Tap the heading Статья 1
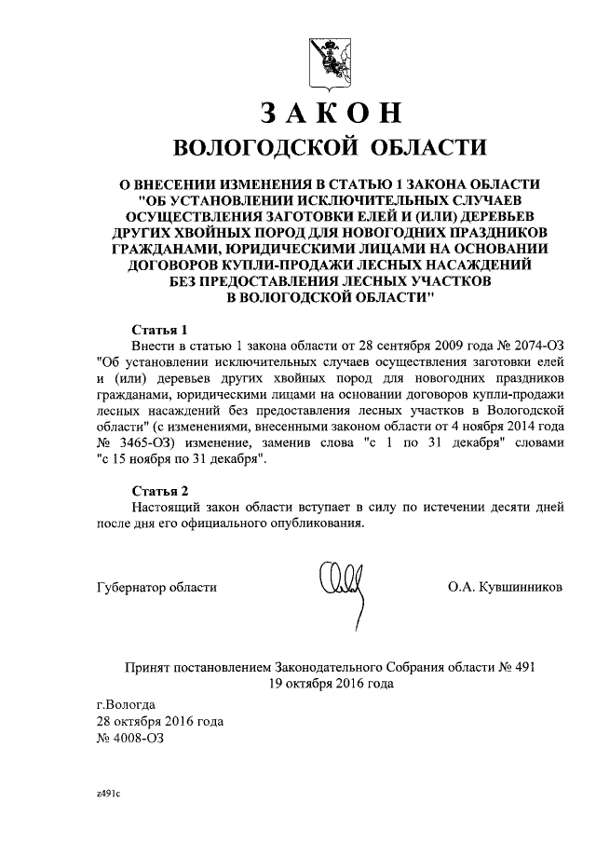tap(159, 330)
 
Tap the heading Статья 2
tap(159, 490)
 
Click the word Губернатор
tap(134, 587)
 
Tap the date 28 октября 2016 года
tap(160, 720)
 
